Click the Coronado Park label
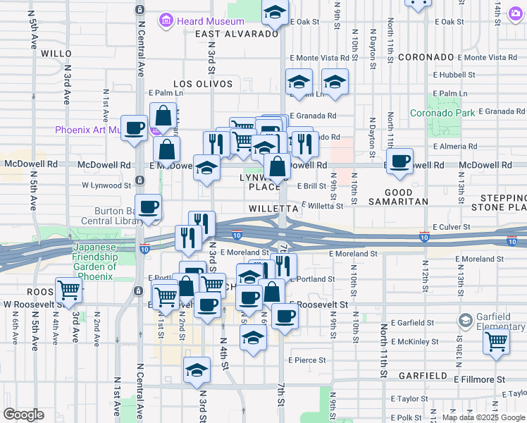click(x=442, y=113)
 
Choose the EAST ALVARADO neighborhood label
click(x=237, y=34)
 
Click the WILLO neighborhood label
click(x=56, y=53)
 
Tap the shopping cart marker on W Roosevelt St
click(x=68, y=290)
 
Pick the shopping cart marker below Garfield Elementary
click(x=497, y=341)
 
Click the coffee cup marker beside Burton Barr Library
click(x=148, y=207)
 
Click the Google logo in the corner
click(x=23, y=415)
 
